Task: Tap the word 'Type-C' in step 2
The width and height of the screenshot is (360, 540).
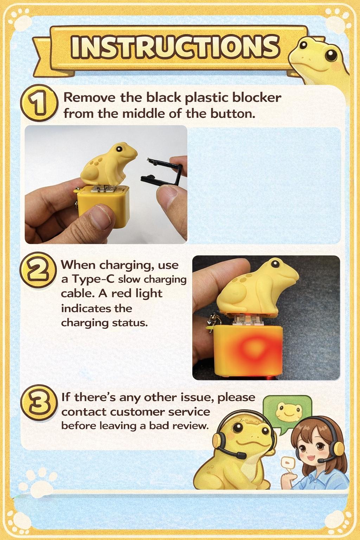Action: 93,279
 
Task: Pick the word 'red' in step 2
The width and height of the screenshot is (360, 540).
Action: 123,293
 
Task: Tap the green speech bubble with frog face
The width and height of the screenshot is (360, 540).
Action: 287,411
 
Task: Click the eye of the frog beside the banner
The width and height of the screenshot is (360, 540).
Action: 330,54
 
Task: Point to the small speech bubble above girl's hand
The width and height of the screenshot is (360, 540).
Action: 288,462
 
